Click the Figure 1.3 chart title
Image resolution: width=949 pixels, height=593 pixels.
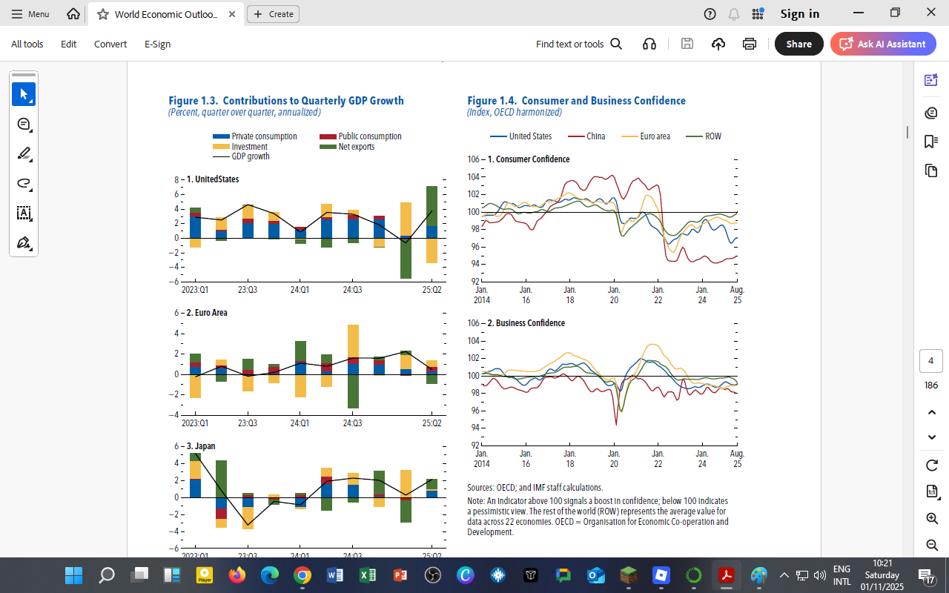tap(285, 101)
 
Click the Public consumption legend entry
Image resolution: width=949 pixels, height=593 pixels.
tap(369, 136)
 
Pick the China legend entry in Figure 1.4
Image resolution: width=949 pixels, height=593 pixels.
tap(595, 136)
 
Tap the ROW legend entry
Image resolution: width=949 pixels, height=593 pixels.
tap(712, 136)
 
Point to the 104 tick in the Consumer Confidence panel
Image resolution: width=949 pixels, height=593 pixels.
tap(475, 177)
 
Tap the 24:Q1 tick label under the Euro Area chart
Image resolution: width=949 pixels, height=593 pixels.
tap(300, 423)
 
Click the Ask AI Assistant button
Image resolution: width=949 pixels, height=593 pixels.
tap(883, 44)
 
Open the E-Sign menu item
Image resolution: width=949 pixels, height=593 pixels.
tap(157, 44)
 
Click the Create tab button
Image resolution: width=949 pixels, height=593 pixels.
tap(273, 14)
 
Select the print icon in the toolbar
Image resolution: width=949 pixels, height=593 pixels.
tap(750, 44)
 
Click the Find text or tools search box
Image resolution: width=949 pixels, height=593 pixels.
tap(578, 44)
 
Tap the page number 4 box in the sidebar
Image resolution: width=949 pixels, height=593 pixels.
tap(930, 361)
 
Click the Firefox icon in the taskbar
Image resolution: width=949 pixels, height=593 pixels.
tap(237, 575)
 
